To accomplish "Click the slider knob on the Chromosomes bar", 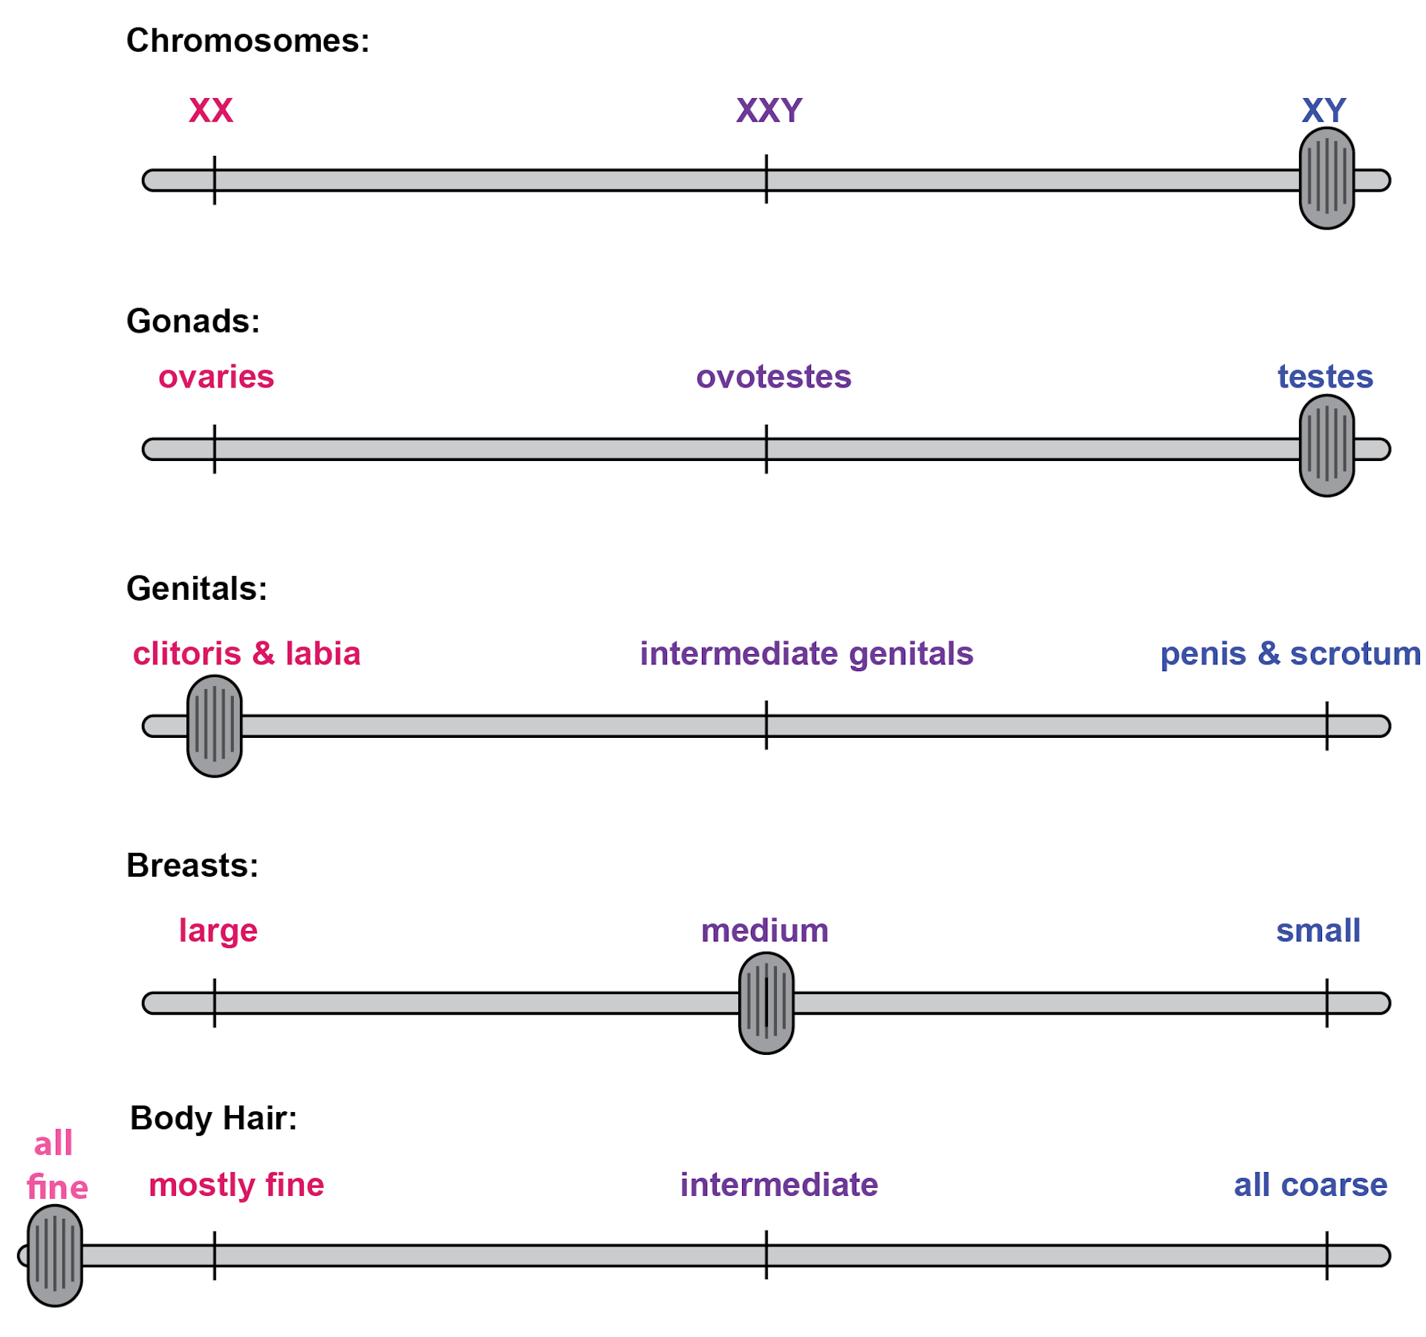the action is pos(1326,178).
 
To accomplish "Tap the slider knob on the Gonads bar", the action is pos(1326,445).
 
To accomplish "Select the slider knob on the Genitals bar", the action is pos(215,726).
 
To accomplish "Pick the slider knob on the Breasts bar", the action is pos(766,1003).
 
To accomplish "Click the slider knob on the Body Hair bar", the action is pos(55,1255).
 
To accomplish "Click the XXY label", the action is pos(769,111).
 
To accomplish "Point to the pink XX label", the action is pos(211,111).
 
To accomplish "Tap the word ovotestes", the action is pos(773,377).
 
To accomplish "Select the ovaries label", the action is pos(216,377).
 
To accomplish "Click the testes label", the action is pos(1325,377).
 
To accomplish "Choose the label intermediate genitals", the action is pos(807,654).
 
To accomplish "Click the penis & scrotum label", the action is pos(1291,654).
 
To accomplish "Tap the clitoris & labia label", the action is pos(247,654).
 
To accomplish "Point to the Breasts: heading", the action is pos(192,866).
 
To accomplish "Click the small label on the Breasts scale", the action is pos(1318,931).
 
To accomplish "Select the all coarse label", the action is pos(1311,1186).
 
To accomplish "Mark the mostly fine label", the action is pos(236,1186).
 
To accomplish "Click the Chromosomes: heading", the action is pos(248,41).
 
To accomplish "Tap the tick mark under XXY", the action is pos(766,179).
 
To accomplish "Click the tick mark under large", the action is pos(215,1003).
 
